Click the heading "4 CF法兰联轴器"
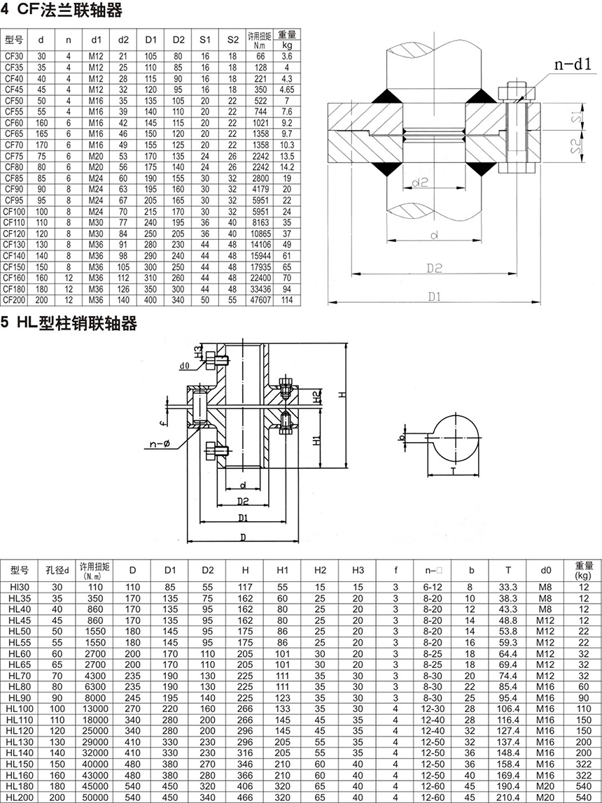click(62, 10)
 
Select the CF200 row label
click(13, 300)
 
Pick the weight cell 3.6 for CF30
click(287, 56)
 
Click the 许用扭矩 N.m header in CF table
click(260, 39)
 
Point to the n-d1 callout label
click(573, 64)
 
